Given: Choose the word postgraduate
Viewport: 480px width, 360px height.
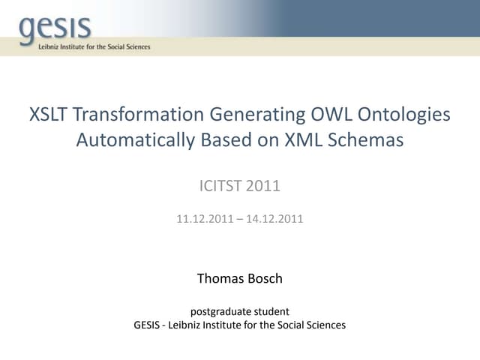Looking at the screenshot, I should pos(219,311).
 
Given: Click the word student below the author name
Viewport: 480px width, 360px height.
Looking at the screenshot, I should pos(271,311).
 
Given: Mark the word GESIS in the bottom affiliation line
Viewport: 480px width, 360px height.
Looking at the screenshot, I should pos(147,325).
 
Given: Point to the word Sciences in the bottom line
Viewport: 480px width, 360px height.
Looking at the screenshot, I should pos(324,325).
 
